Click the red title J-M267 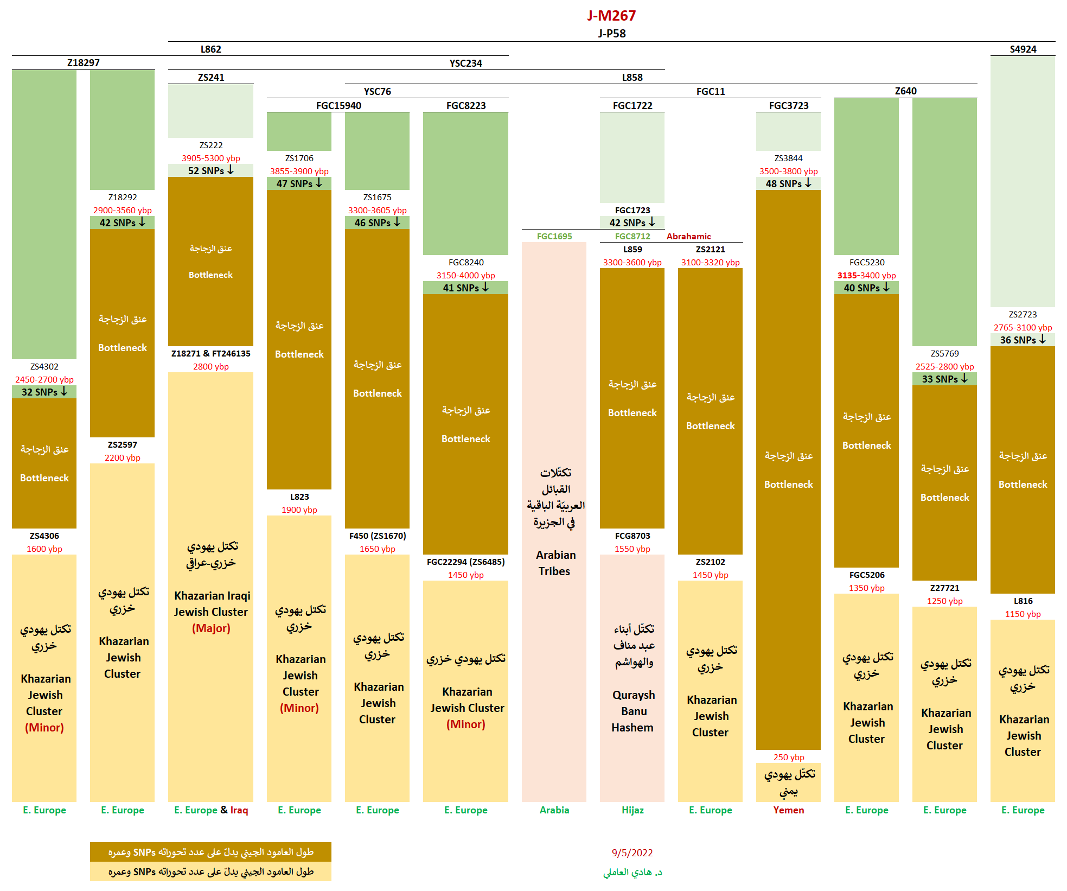click(611, 15)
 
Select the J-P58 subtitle click(612, 34)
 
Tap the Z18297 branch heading click(83, 63)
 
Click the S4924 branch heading click(1023, 49)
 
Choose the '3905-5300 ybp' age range click(210, 158)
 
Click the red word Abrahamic click(688, 236)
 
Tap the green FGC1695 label click(554, 236)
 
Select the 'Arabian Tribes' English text click(555, 563)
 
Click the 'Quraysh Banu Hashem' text click(633, 711)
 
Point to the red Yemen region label click(788, 810)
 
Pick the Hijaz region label click(632, 810)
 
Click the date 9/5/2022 click(632, 852)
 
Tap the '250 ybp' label click(788, 757)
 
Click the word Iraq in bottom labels click(239, 810)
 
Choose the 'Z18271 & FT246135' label click(210, 353)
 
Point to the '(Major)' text click(211, 628)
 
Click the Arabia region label click(554, 810)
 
